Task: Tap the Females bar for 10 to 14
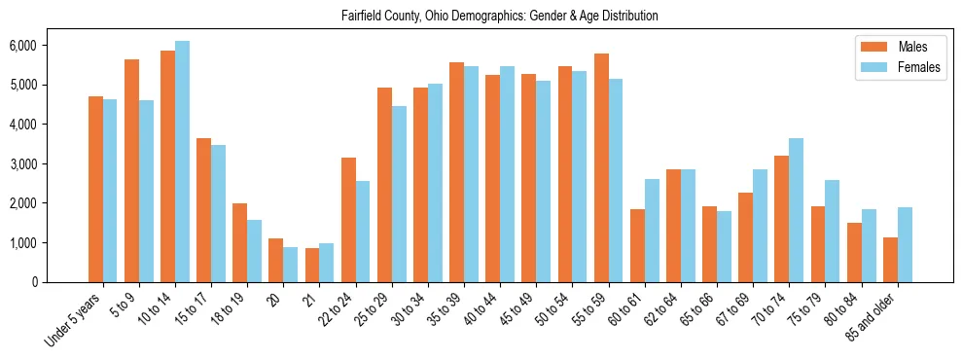pos(183,162)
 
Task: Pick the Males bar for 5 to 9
pos(132,170)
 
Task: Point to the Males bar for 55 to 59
pos(601,167)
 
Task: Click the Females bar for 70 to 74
pos(797,210)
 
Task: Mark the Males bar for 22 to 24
pos(348,220)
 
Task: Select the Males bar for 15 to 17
pos(204,210)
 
